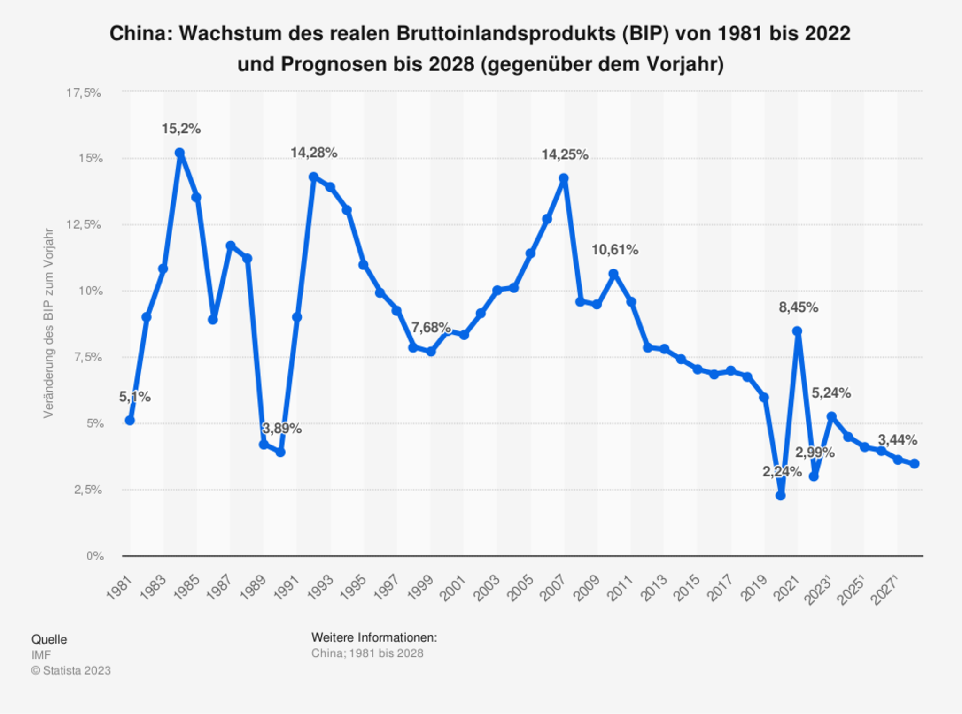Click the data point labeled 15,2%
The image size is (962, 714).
point(179,153)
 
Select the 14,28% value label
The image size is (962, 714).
point(314,153)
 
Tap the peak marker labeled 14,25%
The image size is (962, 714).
point(564,178)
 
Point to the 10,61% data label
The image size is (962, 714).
point(614,250)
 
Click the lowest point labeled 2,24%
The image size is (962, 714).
point(781,495)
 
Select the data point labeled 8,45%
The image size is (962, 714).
point(797,331)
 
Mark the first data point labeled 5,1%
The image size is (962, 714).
point(130,421)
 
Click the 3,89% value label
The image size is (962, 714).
point(282,429)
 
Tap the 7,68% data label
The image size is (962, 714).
point(431,327)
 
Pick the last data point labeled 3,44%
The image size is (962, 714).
point(915,464)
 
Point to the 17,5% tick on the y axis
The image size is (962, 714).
point(84,93)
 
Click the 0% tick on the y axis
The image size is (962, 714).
point(94,556)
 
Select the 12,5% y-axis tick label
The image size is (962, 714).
point(84,225)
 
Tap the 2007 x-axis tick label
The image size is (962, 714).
point(553,587)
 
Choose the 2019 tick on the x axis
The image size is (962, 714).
point(753,587)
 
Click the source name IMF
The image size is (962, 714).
point(41,655)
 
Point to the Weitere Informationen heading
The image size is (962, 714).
point(374,637)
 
